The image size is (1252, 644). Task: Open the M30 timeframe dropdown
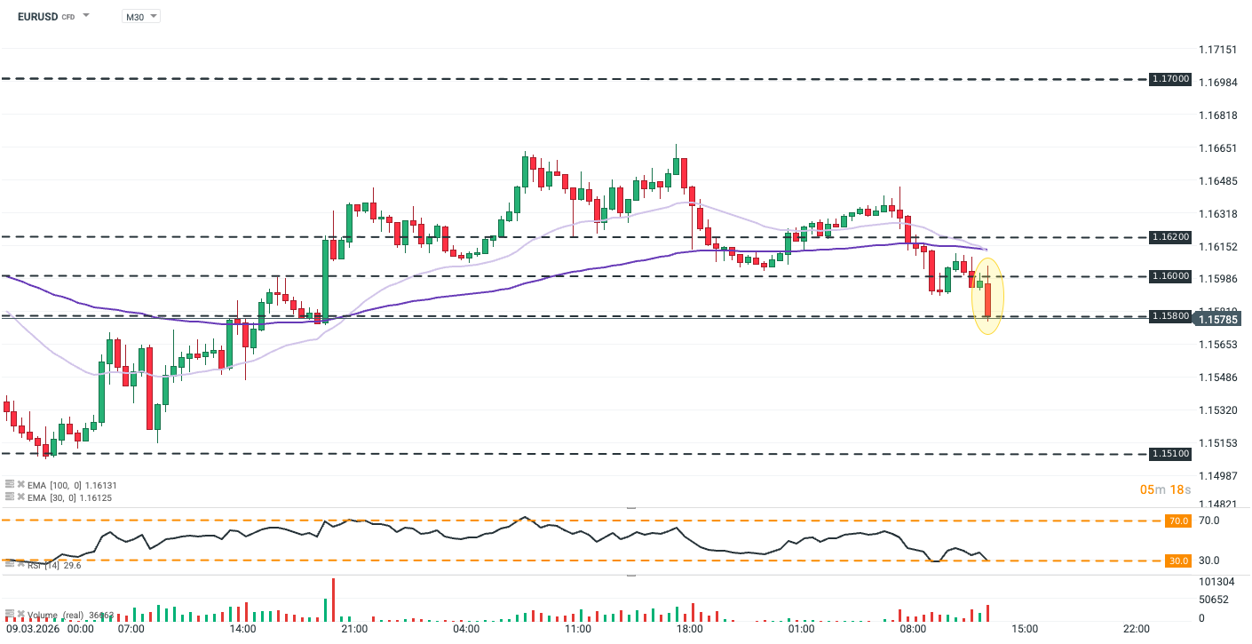click(140, 16)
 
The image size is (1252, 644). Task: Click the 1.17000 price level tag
click(1169, 79)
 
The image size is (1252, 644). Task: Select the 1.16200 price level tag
click(1169, 237)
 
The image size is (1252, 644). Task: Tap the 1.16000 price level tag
click(1169, 276)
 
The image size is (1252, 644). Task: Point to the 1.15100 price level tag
click(1169, 453)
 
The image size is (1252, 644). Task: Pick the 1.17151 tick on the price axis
click(1217, 50)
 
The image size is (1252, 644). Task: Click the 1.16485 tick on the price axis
click(1217, 181)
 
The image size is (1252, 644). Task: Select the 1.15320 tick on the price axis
click(1217, 410)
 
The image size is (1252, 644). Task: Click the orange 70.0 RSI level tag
click(1178, 521)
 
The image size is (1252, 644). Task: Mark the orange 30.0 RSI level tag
click(1178, 561)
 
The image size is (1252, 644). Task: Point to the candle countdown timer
click(1165, 489)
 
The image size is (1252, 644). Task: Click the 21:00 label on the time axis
click(354, 629)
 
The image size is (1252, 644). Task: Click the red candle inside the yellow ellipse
click(987, 298)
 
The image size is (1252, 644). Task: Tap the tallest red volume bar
click(334, 600)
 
